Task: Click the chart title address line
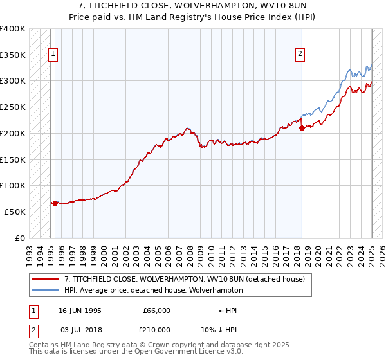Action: [x=192, y=6]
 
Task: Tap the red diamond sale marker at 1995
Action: [x=55, y=203]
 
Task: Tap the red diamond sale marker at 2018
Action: [x=302, y=128]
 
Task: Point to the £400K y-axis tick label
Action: [x=12, y=29]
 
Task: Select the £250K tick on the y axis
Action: [x=12, y=107]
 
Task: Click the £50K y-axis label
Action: [x=15, y=212]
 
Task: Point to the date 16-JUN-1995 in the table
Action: [x=80, y=310]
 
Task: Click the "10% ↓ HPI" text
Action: [x=219, y=329]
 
